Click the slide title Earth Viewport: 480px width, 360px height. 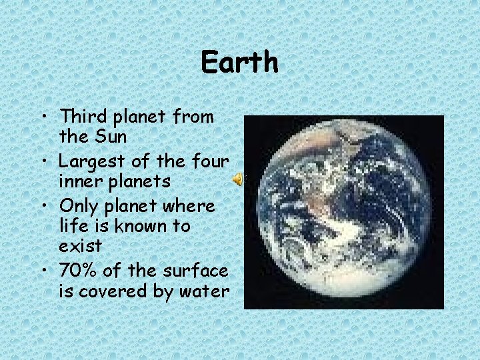[239, 63]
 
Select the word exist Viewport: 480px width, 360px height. [80, 246]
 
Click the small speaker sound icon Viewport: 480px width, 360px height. [237, 179]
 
